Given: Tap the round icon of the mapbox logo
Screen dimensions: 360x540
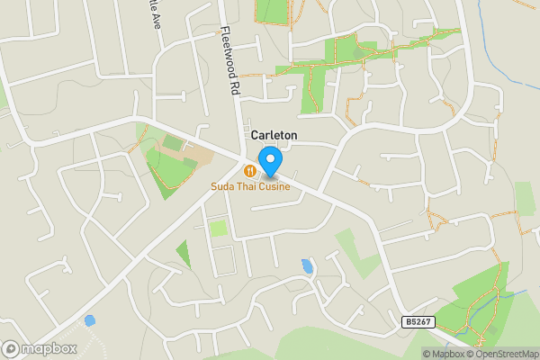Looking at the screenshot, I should [11, 349].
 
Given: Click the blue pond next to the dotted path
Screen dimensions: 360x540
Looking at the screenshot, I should [89, 319].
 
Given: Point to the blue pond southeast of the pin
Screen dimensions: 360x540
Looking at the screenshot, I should [308, 266].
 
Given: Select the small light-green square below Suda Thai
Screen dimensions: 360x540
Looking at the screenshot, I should [218, 229].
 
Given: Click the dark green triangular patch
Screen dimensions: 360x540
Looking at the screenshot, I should [184, 254].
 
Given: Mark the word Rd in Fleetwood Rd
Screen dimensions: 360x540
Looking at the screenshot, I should [237, 86].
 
